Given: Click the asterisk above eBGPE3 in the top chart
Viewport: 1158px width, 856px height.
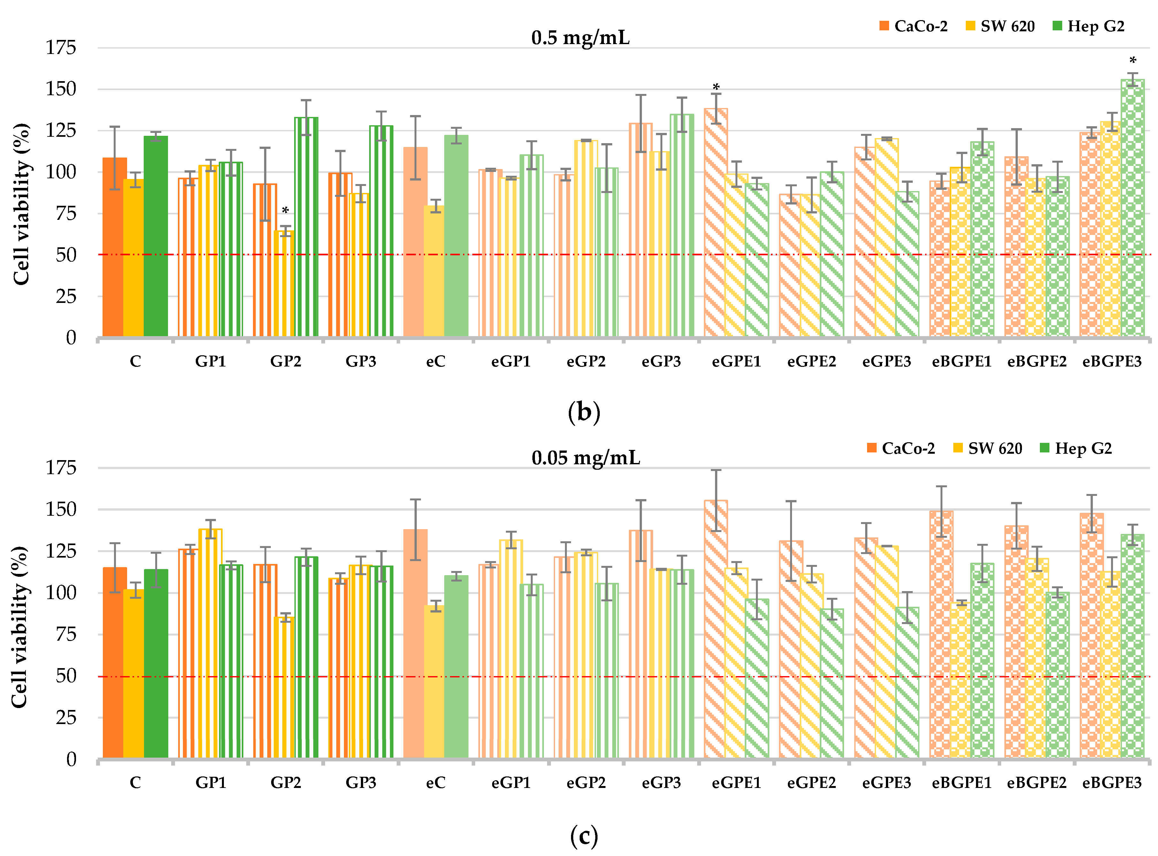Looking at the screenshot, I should pos(1133,61).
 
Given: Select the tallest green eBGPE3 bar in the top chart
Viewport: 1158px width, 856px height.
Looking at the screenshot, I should pos(1133,207).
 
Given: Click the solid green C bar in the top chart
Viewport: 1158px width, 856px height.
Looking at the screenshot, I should pos(156,236).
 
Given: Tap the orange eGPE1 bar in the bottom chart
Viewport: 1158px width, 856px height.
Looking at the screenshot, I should pos(716,627).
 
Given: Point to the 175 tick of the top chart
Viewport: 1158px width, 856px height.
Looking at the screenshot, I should pos(61,48).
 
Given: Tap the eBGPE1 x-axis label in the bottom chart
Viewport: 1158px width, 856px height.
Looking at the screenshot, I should pos(961,783).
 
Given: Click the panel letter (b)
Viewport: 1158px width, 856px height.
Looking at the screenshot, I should pos(584,413).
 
